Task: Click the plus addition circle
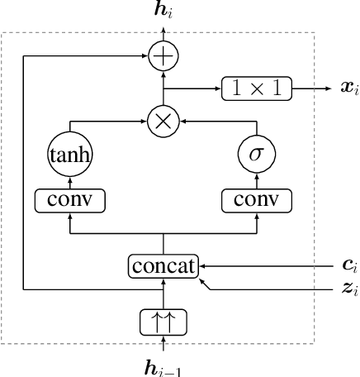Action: pos(163,55)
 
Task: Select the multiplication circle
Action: pos(163,123)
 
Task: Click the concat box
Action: pos(163,266)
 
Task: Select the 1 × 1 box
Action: pos(256,87)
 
